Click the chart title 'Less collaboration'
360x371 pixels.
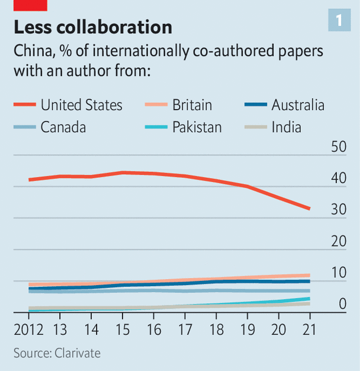[x=93, y=27]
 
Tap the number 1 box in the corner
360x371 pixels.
[x=339, y=21]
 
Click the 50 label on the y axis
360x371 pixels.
[x=338, y=146]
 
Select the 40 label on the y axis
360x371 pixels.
[x=338, y=178]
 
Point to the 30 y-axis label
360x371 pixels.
[x=338, y=210]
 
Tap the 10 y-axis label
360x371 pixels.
[x=338, y=273]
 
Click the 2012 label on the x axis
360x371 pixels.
[x=28, y=329]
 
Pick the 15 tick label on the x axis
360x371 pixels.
[x=121, y=329]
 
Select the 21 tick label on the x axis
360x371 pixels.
[x=308, y=329]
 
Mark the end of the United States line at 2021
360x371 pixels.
[x=309, y=209]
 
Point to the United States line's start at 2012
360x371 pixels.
[x=29, y=180]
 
